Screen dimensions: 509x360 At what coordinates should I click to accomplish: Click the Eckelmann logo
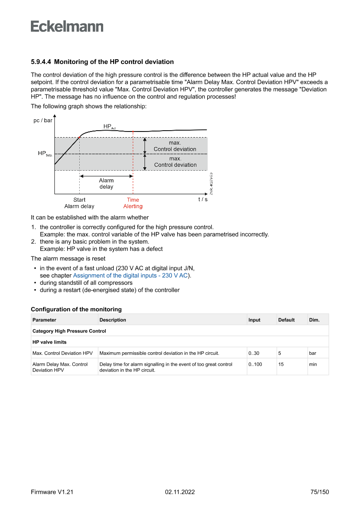click(x=67, y=27)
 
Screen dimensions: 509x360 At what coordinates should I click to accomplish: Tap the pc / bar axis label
click(x=43, y=120)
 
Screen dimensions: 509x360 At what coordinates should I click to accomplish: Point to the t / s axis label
click(x=203, y=199)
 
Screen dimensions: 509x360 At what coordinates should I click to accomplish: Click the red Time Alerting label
click(x=133, y=203)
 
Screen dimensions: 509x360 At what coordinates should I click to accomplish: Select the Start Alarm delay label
click(x=79, y=203)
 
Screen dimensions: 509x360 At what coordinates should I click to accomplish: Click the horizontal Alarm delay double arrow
click(x=106, y=176)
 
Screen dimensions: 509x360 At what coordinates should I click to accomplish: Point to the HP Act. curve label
click(x=109, y=127)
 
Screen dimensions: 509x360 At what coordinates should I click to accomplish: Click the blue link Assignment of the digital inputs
click(x=131, y=276)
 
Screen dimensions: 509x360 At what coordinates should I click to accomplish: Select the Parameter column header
click(x=44, y=320)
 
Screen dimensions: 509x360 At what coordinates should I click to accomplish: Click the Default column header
click(x=286, y=320)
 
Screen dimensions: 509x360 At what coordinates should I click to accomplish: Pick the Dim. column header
click(x=314, y=320)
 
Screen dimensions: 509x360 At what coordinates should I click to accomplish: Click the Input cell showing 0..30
click(x=254, y=353)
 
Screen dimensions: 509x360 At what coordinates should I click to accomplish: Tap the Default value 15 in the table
click(x=281, y=364)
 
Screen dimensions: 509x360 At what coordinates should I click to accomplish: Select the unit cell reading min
click(x=313, y=364)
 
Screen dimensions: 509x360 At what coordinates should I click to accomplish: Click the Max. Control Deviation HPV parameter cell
click(x=63, y=353)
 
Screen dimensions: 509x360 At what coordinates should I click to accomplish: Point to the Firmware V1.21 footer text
click(x=52, y=492)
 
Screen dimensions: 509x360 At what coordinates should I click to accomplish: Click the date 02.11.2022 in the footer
click(x=180, y=492)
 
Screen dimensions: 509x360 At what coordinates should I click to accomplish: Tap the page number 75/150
click(x=319, y=492)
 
